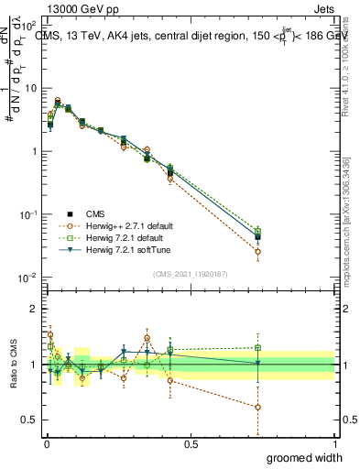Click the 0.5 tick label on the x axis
[x=191, y=444]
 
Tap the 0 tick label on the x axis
[x=46, y=444]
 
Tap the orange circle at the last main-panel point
[x=258, y=251]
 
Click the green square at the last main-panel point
[x=258, y=232]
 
